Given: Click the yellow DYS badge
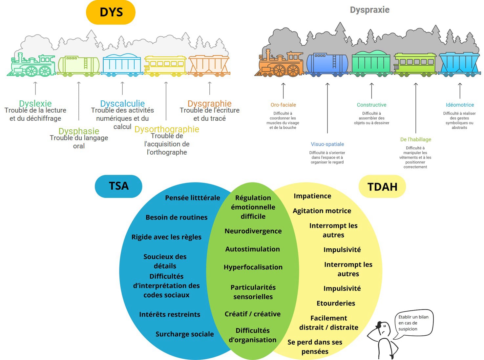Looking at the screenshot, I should coord(111,12).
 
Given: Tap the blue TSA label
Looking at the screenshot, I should coord(118,186).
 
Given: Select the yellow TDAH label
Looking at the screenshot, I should coord(382,187).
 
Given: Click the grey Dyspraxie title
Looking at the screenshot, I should coord(369,10).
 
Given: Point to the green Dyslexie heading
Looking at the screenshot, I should coord(35,103).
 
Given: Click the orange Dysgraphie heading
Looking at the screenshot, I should coord(209,103).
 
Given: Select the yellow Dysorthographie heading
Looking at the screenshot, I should coord(167,129).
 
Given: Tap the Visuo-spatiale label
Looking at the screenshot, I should coord(327,144).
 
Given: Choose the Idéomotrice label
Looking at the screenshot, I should coord(459,105).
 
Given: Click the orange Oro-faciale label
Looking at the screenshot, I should coord(283,105).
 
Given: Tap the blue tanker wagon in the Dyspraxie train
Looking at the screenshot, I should coord(327,64).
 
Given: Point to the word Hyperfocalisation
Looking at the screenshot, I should coord(253,267).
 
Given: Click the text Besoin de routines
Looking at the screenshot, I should coord(177,217).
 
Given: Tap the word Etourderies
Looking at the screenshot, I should coord(336,303).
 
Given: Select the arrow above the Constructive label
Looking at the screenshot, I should coord(371,91).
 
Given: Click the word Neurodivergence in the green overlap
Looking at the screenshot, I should coord(253,231).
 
